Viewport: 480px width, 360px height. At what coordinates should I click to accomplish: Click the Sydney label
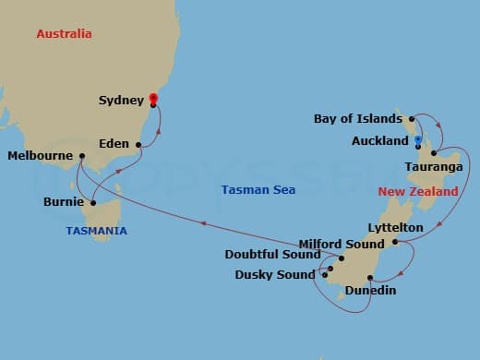121,100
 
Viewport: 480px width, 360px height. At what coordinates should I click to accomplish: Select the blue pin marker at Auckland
418,141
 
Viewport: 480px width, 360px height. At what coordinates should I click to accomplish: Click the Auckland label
379,141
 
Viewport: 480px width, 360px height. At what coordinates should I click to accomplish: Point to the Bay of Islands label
358,118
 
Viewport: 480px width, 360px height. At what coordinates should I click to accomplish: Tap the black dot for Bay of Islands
412,119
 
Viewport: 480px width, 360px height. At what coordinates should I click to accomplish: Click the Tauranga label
427,167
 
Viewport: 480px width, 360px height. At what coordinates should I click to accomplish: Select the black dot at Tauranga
433,152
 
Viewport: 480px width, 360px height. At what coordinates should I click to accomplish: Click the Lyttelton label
395,227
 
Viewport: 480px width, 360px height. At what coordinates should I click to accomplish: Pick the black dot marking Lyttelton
394,243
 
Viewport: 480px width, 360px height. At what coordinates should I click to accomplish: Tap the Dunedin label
371,291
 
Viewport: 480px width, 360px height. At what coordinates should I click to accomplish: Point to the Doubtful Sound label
272,255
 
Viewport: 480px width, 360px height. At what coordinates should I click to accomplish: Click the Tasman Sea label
258,189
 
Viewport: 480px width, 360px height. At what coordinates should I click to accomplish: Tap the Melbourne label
39,156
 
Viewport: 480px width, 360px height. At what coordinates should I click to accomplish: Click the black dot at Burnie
93,203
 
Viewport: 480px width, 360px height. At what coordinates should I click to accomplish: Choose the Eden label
114,145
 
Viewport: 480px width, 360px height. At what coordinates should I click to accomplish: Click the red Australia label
64,34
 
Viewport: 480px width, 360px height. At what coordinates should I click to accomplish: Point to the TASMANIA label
96,231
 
